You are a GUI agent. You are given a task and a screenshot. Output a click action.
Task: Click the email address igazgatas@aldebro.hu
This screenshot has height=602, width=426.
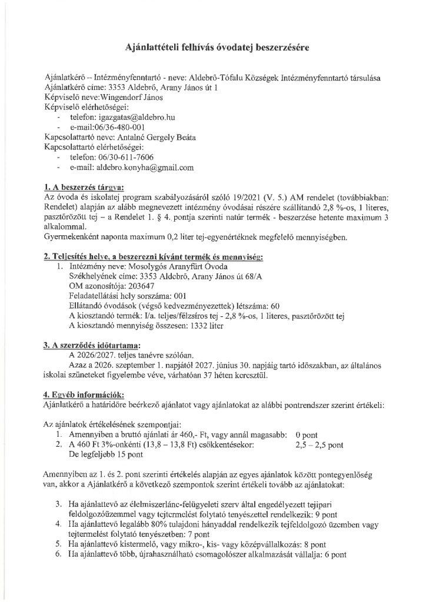coord(125,118)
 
